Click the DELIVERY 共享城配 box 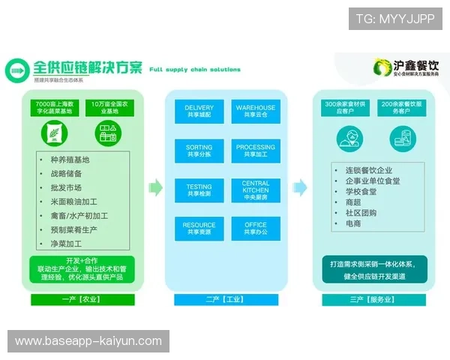point(199,112)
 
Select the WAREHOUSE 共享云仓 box point(256,112)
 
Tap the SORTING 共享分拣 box point(199,151)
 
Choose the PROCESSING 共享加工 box point(256,151)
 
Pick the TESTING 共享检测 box point(199,190)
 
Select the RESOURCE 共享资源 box point(199,229)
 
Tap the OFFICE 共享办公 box point(256,229)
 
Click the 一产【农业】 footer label point(82,299)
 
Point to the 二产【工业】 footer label point(226,299)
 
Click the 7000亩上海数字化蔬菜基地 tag point(54,107)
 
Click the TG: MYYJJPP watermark point(395,19)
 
